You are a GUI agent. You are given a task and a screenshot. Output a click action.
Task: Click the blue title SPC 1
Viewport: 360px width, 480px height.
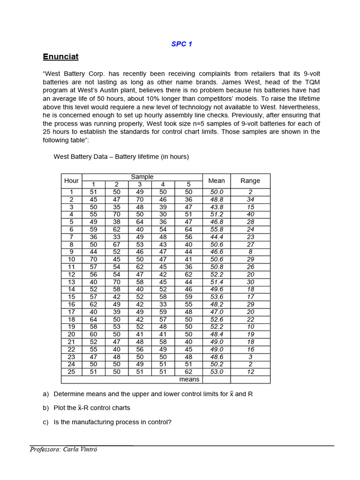181,44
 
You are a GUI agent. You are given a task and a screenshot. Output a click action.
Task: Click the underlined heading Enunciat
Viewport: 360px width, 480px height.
60,57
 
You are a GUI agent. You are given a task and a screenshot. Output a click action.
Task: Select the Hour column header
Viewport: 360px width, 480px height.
71,180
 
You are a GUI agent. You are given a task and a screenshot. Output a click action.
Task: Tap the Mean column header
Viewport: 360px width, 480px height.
216,180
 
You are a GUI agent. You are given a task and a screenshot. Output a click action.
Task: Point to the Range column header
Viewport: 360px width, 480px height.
250,180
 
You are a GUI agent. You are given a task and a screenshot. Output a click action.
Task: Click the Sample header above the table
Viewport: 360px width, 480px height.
142,177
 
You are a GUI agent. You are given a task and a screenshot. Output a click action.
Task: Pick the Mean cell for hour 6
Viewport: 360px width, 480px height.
216,229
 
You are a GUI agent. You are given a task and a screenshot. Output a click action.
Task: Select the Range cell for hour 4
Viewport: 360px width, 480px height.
250,214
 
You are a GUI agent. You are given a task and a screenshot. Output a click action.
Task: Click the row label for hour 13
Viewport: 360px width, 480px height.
71,282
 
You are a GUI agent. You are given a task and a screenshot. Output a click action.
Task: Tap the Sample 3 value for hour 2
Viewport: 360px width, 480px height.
140,199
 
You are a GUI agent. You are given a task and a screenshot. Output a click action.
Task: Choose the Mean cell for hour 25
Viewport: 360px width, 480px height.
216,372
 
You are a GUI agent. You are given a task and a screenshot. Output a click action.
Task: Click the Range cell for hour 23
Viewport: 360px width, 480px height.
250,357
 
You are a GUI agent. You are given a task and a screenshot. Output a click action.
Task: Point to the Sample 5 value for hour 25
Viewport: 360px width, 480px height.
188,372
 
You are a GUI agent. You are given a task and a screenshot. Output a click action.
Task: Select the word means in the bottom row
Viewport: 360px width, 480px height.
189,379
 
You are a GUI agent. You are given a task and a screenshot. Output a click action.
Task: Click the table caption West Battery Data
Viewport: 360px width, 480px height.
121,157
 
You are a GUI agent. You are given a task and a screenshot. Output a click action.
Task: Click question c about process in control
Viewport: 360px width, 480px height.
112,422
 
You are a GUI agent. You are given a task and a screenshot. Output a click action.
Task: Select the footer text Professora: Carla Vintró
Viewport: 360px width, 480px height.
64,450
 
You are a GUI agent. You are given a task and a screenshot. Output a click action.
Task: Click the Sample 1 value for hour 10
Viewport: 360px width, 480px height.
93,259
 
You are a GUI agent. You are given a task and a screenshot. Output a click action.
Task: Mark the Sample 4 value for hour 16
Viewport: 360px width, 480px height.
163,304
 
